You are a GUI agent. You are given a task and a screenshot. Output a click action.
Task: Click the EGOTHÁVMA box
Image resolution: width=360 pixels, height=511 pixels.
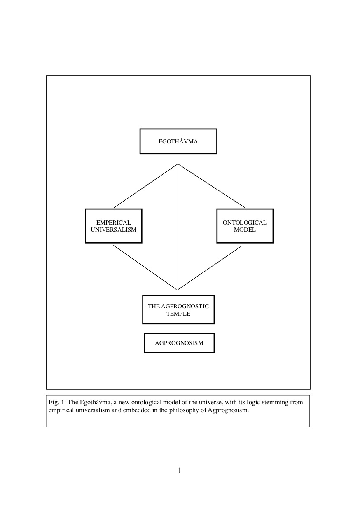(x=178, y=141)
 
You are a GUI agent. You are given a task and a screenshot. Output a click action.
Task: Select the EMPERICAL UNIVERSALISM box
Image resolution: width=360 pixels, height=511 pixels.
(x=114, y=226)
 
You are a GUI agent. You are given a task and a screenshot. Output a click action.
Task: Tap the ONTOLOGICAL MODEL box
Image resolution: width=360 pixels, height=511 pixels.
(x=245, y=226)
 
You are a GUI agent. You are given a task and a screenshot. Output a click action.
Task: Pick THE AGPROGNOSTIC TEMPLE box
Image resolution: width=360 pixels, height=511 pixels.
(x=178, y=309)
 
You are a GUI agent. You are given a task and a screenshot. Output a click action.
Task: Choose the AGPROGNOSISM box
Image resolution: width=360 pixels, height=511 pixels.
(x=179, y=343)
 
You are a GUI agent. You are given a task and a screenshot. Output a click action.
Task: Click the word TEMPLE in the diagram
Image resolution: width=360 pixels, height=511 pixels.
(x=178, y=314)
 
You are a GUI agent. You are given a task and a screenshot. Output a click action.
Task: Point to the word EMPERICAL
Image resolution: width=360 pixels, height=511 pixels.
(x=114, y=223)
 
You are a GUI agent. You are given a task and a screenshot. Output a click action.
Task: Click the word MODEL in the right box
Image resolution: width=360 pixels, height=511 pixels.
(x=245, y=230)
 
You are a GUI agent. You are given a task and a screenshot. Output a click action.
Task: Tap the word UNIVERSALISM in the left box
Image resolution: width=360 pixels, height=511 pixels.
(x=114, y=230)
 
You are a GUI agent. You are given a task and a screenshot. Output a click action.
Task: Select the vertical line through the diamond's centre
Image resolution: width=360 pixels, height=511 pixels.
(x=178, y=227)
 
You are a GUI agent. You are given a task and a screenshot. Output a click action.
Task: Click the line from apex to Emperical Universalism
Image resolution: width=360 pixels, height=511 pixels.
(x=146, y=186)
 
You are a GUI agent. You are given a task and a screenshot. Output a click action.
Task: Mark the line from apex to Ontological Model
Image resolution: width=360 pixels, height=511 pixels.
(x=212, y=186)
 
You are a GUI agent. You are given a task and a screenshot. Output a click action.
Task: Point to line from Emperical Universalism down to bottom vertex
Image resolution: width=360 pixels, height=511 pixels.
(x=145, y=267)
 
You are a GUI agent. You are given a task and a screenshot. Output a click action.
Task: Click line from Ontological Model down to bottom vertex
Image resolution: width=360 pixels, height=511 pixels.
(x=210, y=268)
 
